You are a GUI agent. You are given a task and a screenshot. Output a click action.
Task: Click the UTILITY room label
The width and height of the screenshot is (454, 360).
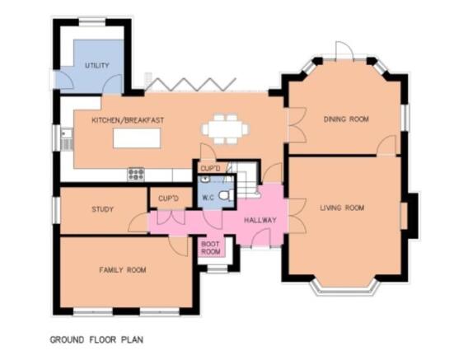point(97,66)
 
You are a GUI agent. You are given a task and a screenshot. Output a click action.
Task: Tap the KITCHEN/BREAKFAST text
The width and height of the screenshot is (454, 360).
point(128,120)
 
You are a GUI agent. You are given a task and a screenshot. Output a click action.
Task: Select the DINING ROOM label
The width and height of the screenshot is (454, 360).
point(346,119)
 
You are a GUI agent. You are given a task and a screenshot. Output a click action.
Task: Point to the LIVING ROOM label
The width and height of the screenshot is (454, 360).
point(342,208)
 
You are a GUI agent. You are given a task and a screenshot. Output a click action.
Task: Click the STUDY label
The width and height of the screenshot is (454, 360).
point(102,209)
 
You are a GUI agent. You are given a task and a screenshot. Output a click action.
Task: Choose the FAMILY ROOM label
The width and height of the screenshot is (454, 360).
point(123,270)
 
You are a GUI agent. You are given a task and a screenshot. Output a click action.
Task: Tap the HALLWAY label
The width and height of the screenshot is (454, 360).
point(260,220)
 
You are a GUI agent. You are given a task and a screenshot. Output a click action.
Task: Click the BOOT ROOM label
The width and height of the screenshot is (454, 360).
point(210,248)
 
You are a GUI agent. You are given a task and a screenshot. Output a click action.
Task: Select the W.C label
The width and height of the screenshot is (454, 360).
point(208,198)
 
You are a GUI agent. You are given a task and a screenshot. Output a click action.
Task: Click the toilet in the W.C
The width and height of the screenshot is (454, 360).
point(227,195)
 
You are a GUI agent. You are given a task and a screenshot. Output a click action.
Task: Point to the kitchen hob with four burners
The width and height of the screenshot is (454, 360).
point(136,174)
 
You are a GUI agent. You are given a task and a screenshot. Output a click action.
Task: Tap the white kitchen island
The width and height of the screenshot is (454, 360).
point(137,138)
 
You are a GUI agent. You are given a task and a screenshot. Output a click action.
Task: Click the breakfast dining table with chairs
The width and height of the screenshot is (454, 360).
point(225,129)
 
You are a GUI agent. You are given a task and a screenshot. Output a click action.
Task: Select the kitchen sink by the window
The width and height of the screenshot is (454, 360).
point(68,139)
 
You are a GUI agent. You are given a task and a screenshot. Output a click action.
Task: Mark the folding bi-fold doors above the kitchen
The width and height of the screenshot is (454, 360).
point(190,84)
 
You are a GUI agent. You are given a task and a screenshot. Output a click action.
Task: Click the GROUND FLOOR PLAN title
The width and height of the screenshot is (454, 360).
point(96,339)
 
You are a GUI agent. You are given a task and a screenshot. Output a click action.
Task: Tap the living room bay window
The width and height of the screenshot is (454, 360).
point(345,288)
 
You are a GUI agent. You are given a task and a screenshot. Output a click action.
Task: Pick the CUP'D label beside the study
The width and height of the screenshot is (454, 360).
point(168,199)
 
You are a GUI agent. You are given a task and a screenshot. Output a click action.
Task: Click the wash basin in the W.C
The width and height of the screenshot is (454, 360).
point(205,179)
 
